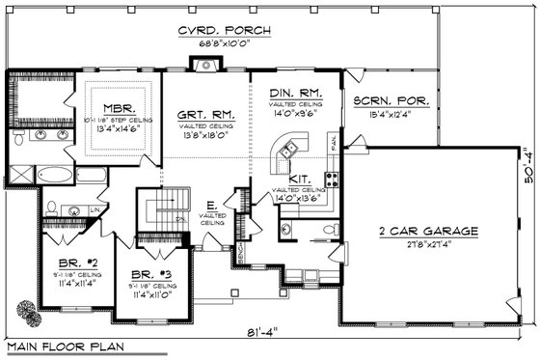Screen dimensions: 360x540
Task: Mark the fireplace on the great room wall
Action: (x=205, y=66)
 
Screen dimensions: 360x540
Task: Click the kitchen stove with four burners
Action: (x=333, y=178)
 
